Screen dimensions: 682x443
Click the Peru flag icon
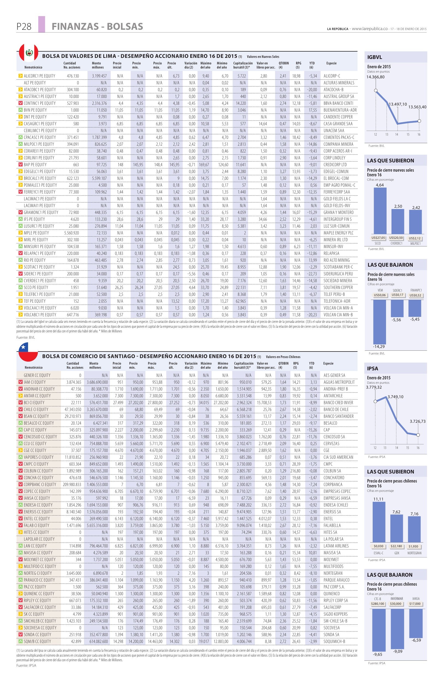[x=28, y=53]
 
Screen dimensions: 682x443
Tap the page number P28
[x=24, y=27]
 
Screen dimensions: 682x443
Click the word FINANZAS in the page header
[x=73, y=27]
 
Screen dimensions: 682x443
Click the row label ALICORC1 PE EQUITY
[x=40, y=76]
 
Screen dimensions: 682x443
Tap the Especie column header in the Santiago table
[x=328, y=363]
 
